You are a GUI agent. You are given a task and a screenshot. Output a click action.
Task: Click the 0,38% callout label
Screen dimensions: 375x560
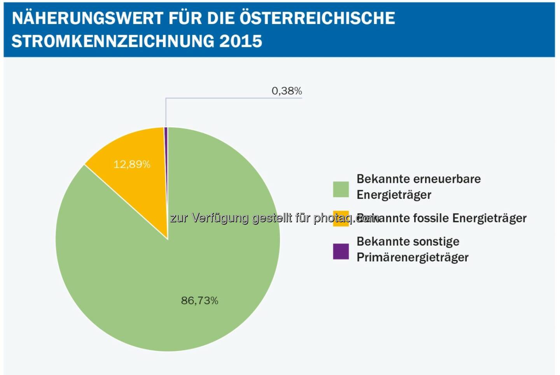(287, 91)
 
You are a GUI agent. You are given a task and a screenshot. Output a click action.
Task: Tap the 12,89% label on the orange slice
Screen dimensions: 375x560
(132, 164)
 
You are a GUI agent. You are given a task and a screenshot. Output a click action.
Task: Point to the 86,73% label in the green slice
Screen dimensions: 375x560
(199, 300)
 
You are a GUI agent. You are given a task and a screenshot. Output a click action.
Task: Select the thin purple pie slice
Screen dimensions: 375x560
(166, 155)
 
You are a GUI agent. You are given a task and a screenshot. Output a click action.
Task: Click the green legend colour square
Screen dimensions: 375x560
(341, 189)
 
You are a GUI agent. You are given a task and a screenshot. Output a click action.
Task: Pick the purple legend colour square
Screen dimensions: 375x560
(341, 251)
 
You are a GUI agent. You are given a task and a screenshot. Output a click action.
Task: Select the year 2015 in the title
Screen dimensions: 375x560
(241, 41)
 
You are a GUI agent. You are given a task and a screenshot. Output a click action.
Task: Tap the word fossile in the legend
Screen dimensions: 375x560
(431, 218)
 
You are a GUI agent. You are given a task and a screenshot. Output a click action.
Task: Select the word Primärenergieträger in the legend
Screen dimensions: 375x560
(412, 257)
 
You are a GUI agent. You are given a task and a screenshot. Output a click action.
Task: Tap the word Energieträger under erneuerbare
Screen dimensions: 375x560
(394, 194)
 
